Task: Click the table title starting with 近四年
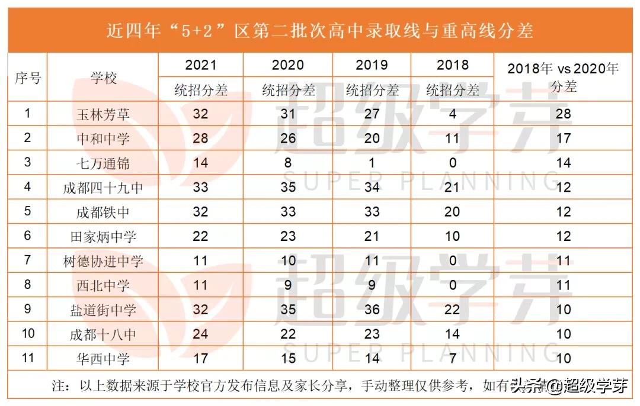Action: coord(320,30)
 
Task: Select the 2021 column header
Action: coord(200,65)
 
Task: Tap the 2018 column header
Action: coord(452,65)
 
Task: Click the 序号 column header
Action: coord(27,78)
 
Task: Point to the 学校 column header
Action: coord(103,78)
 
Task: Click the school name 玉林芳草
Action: coord(103,114)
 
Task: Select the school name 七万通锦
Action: coord(103,163)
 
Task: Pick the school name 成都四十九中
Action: coord(103,188)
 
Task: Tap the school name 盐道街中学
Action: coord(103,310)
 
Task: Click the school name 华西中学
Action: coord(103,359)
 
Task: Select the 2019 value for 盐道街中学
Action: coord(372,310)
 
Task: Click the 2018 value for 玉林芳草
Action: coord(452,114)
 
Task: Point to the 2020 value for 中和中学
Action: coord(287,138)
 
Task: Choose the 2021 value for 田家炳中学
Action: coord(200,236)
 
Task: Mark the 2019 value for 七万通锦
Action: coord(372,163)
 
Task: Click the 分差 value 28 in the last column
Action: coord(563,114)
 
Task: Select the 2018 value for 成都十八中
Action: coord(452,334)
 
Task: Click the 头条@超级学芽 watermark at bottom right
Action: coord(569,387)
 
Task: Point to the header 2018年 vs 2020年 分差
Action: coord(563,77)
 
